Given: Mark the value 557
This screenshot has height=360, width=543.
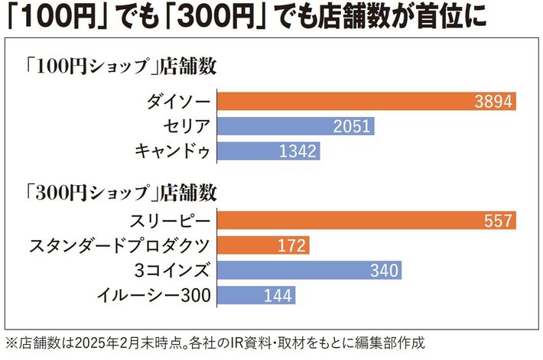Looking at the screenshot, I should coord(498,221).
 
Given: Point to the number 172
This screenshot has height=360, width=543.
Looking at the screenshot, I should coord(291,245).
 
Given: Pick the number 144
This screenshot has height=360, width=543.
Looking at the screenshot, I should coord(277,295).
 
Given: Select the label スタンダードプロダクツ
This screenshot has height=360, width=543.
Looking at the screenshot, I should coord(121,245).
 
